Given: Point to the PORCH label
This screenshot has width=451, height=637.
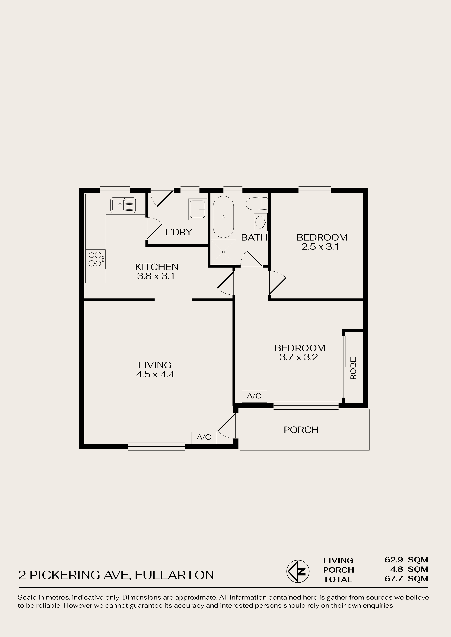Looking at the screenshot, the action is click(x=301, y=430).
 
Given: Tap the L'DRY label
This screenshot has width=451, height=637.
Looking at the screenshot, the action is click(x=179, y=232).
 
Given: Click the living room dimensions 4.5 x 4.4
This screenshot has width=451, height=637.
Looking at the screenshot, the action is click(x=155, y=375).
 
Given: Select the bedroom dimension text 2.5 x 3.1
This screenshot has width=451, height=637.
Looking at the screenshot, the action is click(x=321, y=247).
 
